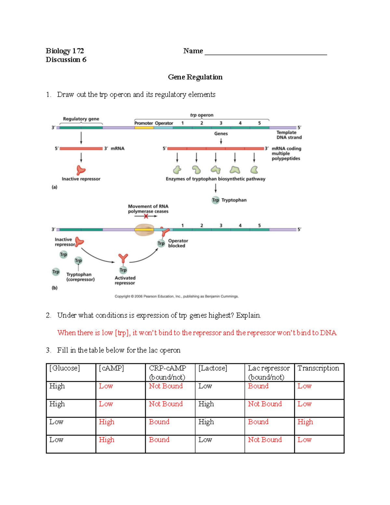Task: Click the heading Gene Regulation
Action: pos(195,77)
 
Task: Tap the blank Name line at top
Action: pos(266,52)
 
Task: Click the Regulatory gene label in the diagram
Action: pos(81,119)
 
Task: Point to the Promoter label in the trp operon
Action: pos(143,123)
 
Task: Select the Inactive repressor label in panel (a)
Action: pos(81,179)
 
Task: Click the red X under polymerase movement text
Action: pos(146,216)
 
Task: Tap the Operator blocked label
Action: pos(178,243)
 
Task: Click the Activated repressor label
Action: pos(125,280)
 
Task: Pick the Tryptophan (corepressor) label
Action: pos(80,277)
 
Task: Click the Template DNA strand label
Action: pos(289,135)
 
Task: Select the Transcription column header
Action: pos(318,368)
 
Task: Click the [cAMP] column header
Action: pos(111,368)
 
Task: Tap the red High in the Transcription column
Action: pos(305,422)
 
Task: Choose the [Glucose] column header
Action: pos(64,368)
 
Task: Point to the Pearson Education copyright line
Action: pos(176,296)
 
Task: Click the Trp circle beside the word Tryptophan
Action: pos(215,200)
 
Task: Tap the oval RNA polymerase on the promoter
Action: pos(144,230)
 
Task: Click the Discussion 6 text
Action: pos(66,60)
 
